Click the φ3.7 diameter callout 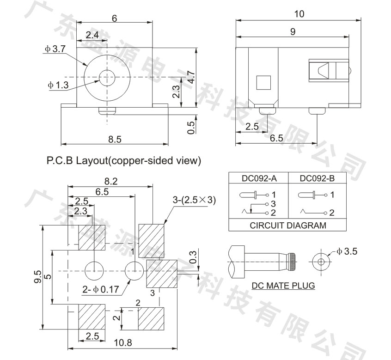point(55,49)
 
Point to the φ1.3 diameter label point(58,85)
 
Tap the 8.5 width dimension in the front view point(115,139)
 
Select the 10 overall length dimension point(299,14)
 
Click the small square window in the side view point(263,83)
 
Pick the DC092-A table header point(259,178)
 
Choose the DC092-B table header point(317,178)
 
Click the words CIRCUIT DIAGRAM point(288,226)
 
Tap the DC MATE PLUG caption point(283,286)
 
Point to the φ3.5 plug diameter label point(347,251)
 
